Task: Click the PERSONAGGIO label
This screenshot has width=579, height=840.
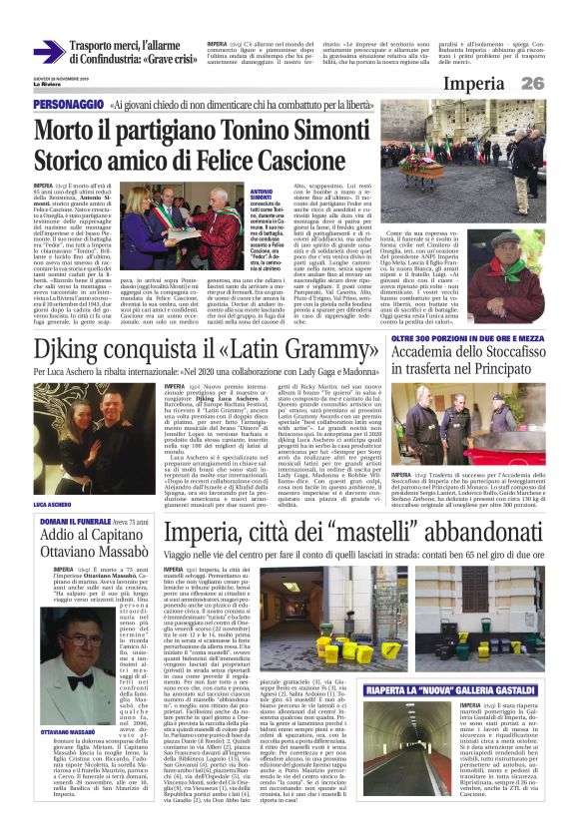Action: coord(68,105)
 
